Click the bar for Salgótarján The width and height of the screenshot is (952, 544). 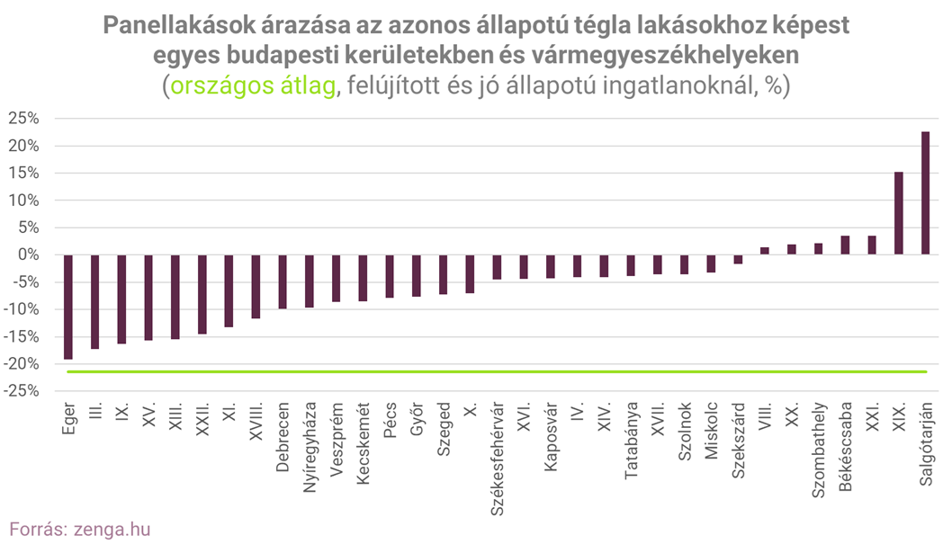click(925, 193)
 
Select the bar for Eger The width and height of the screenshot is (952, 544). click(68, 307)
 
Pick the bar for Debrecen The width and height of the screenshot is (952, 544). click(283, 281)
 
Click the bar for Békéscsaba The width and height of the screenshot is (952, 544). click(845, 245)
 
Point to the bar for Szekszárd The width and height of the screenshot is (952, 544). click(738, 259)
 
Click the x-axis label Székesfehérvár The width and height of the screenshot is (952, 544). click(497, 455)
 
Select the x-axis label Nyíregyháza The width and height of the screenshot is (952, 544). click(310, 446)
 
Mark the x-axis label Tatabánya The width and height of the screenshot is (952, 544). click(631, 440)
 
